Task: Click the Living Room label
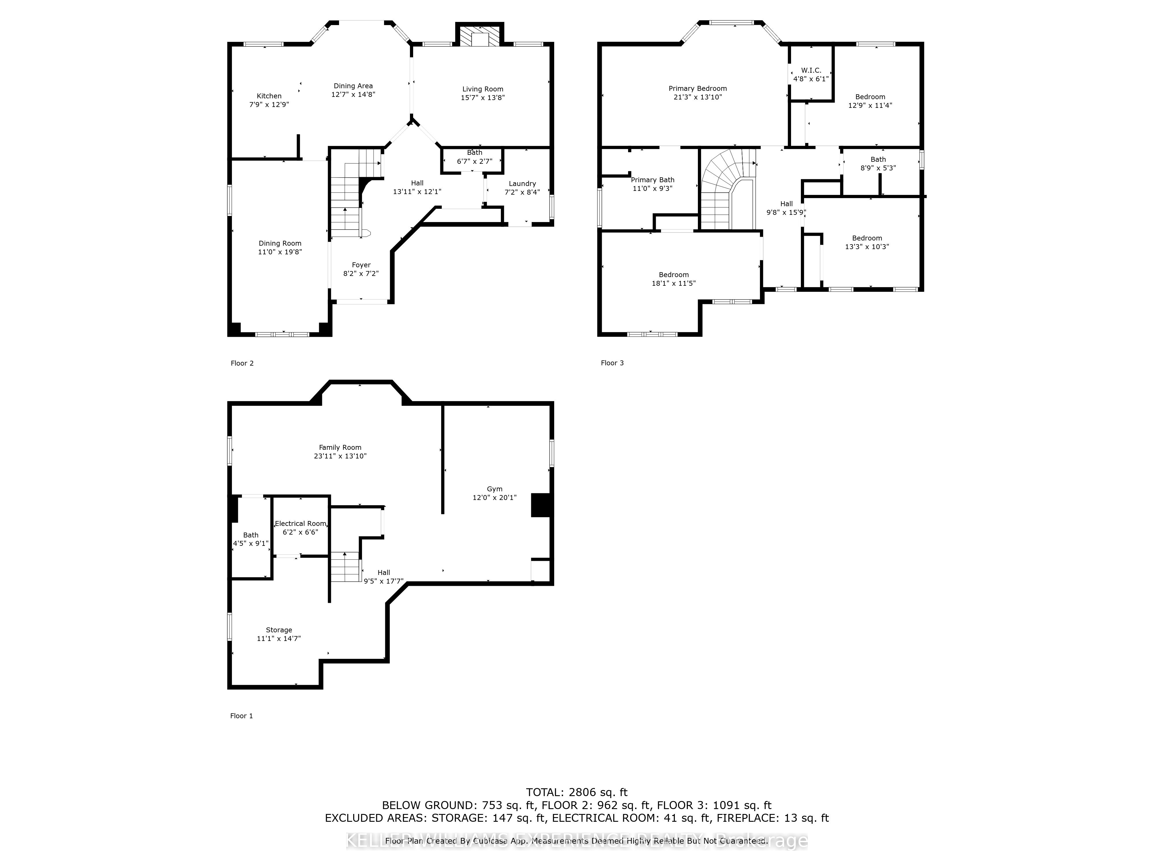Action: pos(483,89)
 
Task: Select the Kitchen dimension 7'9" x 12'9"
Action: pos(269,104)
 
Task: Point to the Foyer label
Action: pos(361,265)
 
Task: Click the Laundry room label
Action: pos(522,184)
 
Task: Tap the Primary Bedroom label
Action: pos(698,89)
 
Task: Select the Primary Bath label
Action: pos(652,180)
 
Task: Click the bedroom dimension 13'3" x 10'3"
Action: pos(867,247)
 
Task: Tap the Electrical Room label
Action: pos(301,524)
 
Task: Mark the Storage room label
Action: pos(279,630)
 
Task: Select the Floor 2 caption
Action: pos(242,363)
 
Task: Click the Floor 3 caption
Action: pos(612,363)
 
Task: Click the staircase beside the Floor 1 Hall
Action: pos(345,567)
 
